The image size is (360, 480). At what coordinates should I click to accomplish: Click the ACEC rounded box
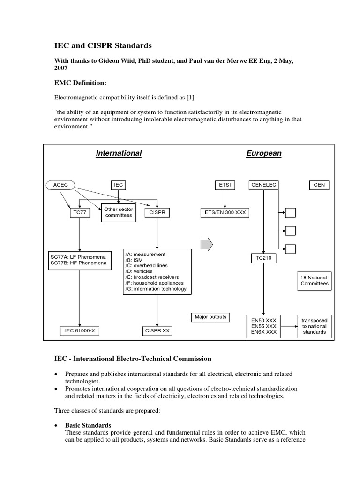[61, 185]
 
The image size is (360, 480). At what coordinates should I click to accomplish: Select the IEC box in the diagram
[119, 185]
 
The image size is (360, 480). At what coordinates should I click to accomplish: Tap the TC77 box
[80, 213]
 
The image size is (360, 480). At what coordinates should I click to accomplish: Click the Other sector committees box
[119, 213]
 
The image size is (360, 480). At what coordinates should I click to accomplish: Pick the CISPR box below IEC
[157, 213]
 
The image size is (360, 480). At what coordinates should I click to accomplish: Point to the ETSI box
[225, 185]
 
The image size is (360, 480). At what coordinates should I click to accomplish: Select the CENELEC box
[263, 185]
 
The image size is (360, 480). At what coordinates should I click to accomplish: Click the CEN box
[319, 185]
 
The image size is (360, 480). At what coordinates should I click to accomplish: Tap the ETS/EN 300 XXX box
[225, 213]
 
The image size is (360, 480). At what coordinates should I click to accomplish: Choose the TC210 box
[263, 258]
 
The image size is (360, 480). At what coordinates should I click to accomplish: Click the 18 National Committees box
[315, 280]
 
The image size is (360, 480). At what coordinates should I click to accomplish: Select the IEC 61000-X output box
[80, 331]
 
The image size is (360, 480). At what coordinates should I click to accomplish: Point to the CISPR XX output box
[157, 331]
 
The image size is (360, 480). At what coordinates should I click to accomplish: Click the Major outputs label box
[210, 317]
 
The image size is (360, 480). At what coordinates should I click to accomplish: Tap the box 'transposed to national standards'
[315, 326]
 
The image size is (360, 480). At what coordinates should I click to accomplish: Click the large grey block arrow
[206, 244]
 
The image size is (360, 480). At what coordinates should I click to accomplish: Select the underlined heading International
[119, 153]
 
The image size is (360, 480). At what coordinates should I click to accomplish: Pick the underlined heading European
[264, 153]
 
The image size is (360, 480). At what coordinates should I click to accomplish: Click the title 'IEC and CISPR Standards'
[104, 46]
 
